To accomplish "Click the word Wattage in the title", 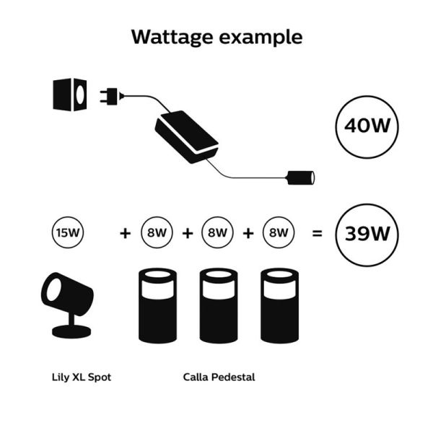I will click(x=172, y=37).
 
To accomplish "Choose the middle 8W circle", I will click(x=217, y=233).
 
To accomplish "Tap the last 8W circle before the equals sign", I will click(x=279, y=233).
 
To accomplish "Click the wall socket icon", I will click(x=70, y=94).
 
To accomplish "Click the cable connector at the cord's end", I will click(x=301, y=175).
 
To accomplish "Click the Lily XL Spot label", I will click(x=82, y=377).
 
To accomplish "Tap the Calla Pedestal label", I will click(x=219, y=377).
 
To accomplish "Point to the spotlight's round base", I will click(x=71, y=332).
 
